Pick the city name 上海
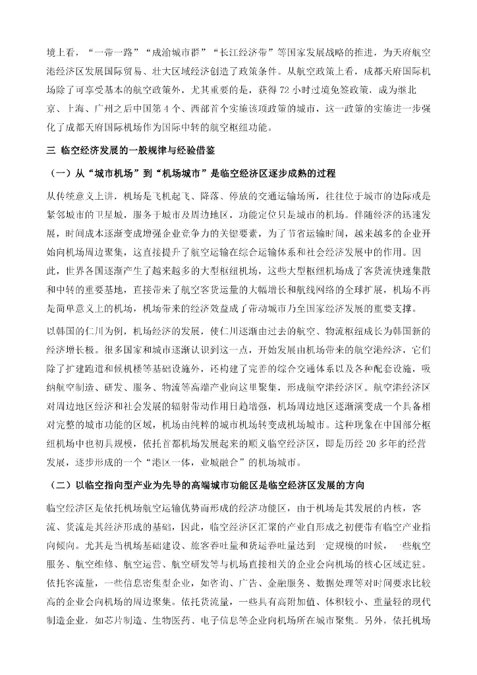[x=73, y=108]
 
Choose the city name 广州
[x=105, y=108]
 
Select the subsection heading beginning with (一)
[x=191, y=173]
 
